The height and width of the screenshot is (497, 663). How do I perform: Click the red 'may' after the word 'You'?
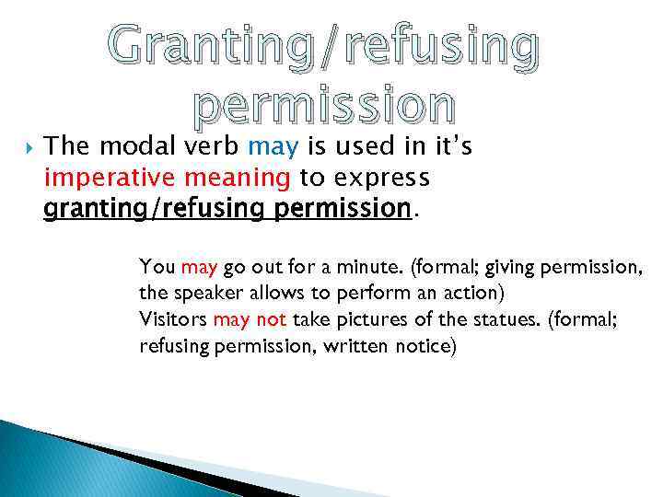[x=199, y=268]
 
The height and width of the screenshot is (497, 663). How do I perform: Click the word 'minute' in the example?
[x=378, y=267]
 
